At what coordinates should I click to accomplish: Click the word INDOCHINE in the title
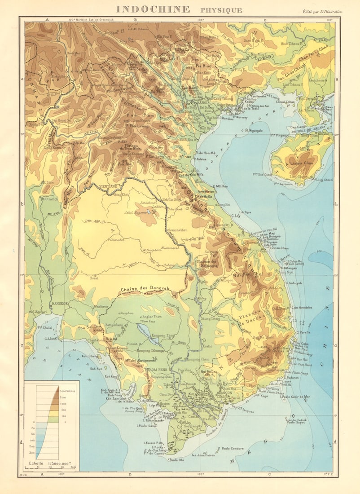coord(150,9)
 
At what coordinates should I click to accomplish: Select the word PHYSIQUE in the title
coord(221,10)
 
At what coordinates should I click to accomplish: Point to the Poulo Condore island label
coord(232,448)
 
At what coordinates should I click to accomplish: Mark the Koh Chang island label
coord(90,356)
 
